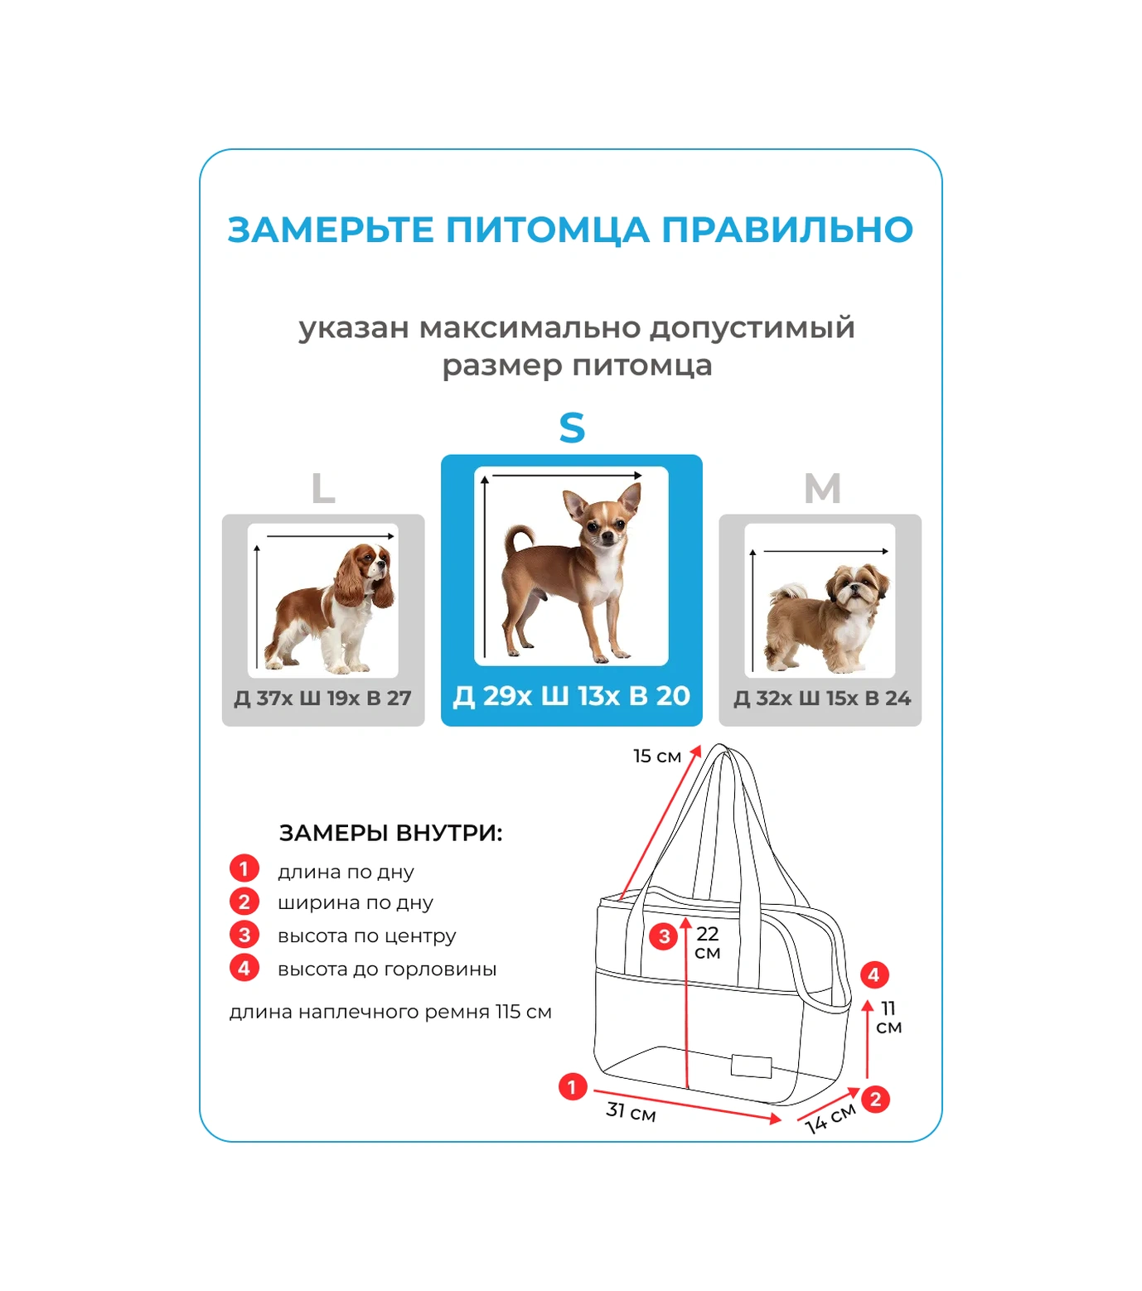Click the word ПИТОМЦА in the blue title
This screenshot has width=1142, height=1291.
coord(547,230)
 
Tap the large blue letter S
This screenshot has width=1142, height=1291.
coord(572,428)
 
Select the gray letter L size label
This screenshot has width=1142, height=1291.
coord(322,489)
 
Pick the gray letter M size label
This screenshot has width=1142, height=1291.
coord(822,488)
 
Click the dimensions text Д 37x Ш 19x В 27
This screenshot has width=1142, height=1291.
coord(322,699)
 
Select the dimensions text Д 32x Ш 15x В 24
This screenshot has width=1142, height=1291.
coord(821,699)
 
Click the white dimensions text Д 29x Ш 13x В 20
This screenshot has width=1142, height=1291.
coord(571,696)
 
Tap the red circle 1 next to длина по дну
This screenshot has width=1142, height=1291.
coord(244,868)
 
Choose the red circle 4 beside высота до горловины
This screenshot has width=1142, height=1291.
coord(244,967)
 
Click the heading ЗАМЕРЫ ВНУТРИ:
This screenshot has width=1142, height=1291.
coord(390,833)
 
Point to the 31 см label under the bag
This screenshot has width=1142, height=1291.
coord(631,1111)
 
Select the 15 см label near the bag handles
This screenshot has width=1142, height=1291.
coord(656,756)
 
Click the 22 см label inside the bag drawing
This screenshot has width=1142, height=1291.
coord(707,942)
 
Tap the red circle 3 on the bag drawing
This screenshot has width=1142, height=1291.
coord(663,936)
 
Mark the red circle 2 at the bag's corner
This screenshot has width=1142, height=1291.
coord(875,1100)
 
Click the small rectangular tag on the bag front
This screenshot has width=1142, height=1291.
coord(751,1066)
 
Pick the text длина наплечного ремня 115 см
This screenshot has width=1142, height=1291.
coord(390,1012)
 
